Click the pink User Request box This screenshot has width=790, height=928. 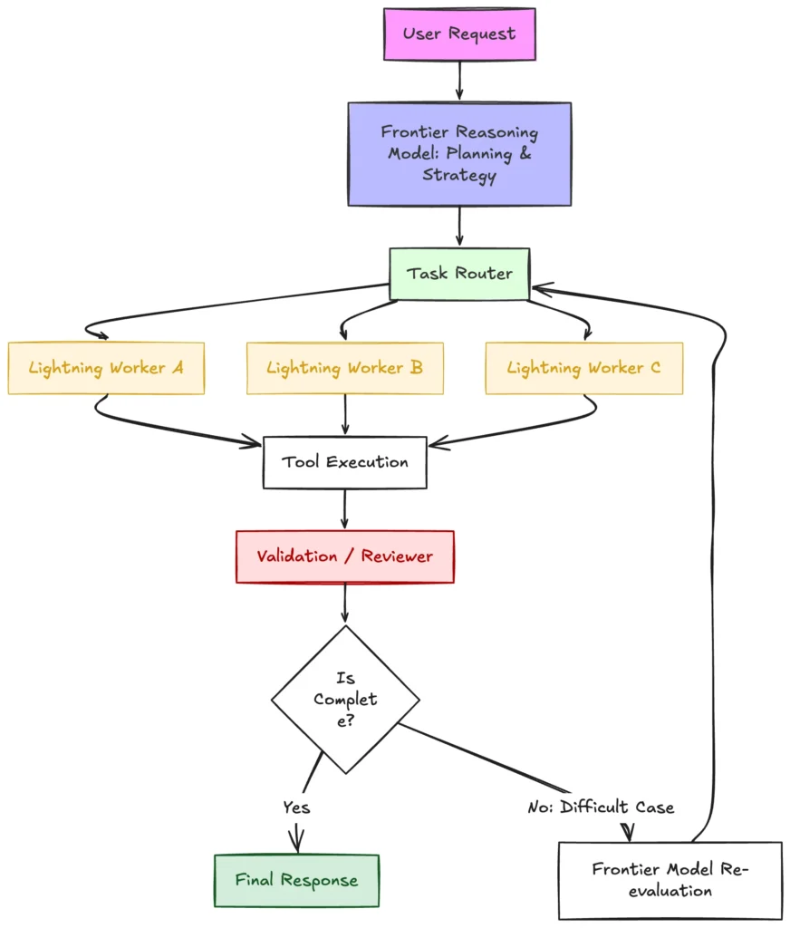(x=460, y=34)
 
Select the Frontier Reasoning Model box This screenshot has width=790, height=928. (x=460, y=154)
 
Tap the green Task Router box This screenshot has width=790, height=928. (x=460, y=274)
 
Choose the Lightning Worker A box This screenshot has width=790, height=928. (x=107, y=368)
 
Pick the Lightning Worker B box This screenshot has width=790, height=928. (x=345, y=368)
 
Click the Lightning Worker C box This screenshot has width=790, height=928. (x=584, y=368)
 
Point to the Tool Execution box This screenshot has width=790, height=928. (x=345, y=463)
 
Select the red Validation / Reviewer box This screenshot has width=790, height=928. (x=345, y=557)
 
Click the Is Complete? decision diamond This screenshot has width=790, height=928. (x=345, y=700)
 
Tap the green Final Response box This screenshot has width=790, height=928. (x=296, y=881)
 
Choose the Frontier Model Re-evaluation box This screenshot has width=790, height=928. (x=670, y=881)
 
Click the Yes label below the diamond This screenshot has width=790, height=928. (x=296, y=807)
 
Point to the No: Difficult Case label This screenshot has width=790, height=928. (x=602, y=807)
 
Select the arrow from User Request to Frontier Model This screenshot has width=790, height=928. (x=460, y=81)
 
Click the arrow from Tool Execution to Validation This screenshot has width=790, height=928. (x=345, y=509)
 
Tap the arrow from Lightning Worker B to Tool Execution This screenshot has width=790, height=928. (x=345, y=415)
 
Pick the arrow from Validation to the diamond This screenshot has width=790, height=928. (x=345, y=603)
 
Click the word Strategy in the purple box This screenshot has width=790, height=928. (x=460, y=176)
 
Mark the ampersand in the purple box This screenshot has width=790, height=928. (x=525, y=153)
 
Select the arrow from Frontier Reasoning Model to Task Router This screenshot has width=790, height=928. (x=460, y=226)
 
